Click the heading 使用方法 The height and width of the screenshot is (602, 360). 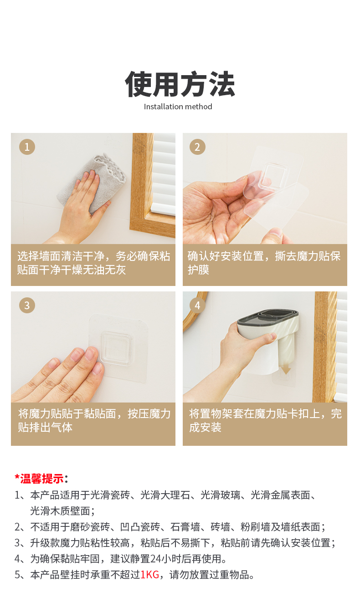pos(180,84)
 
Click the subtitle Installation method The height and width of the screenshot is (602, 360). pos(178,107)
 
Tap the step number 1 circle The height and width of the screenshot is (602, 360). pos(27,147)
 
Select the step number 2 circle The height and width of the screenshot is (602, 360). pos(197,147)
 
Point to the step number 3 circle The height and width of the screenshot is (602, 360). pos(27,305)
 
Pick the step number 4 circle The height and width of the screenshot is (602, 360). pos(197,305)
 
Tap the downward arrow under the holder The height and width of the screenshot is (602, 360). pos(286,369)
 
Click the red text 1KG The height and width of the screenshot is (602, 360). pos(150,575)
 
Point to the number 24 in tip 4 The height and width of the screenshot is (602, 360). pos(155,559)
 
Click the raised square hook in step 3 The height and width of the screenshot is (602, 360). pos(117,348)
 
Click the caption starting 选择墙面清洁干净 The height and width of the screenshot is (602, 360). pos(93,263)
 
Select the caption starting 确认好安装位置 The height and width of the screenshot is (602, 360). pos(264,263)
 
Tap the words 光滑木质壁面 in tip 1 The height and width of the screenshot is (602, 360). pos(60,511)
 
